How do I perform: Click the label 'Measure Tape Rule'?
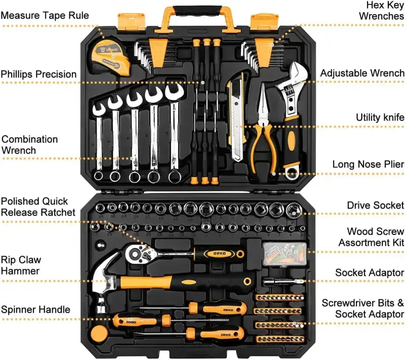[45, 16]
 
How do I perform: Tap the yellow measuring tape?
[110, 54]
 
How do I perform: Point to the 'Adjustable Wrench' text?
[362, 73]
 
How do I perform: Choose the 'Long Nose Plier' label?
[368, 164]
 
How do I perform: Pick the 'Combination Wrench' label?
[29, 144]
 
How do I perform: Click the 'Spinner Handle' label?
[35, 309]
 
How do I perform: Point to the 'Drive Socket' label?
[375, 205]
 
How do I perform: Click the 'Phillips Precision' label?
[38, 74]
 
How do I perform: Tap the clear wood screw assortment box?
[285, 252]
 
